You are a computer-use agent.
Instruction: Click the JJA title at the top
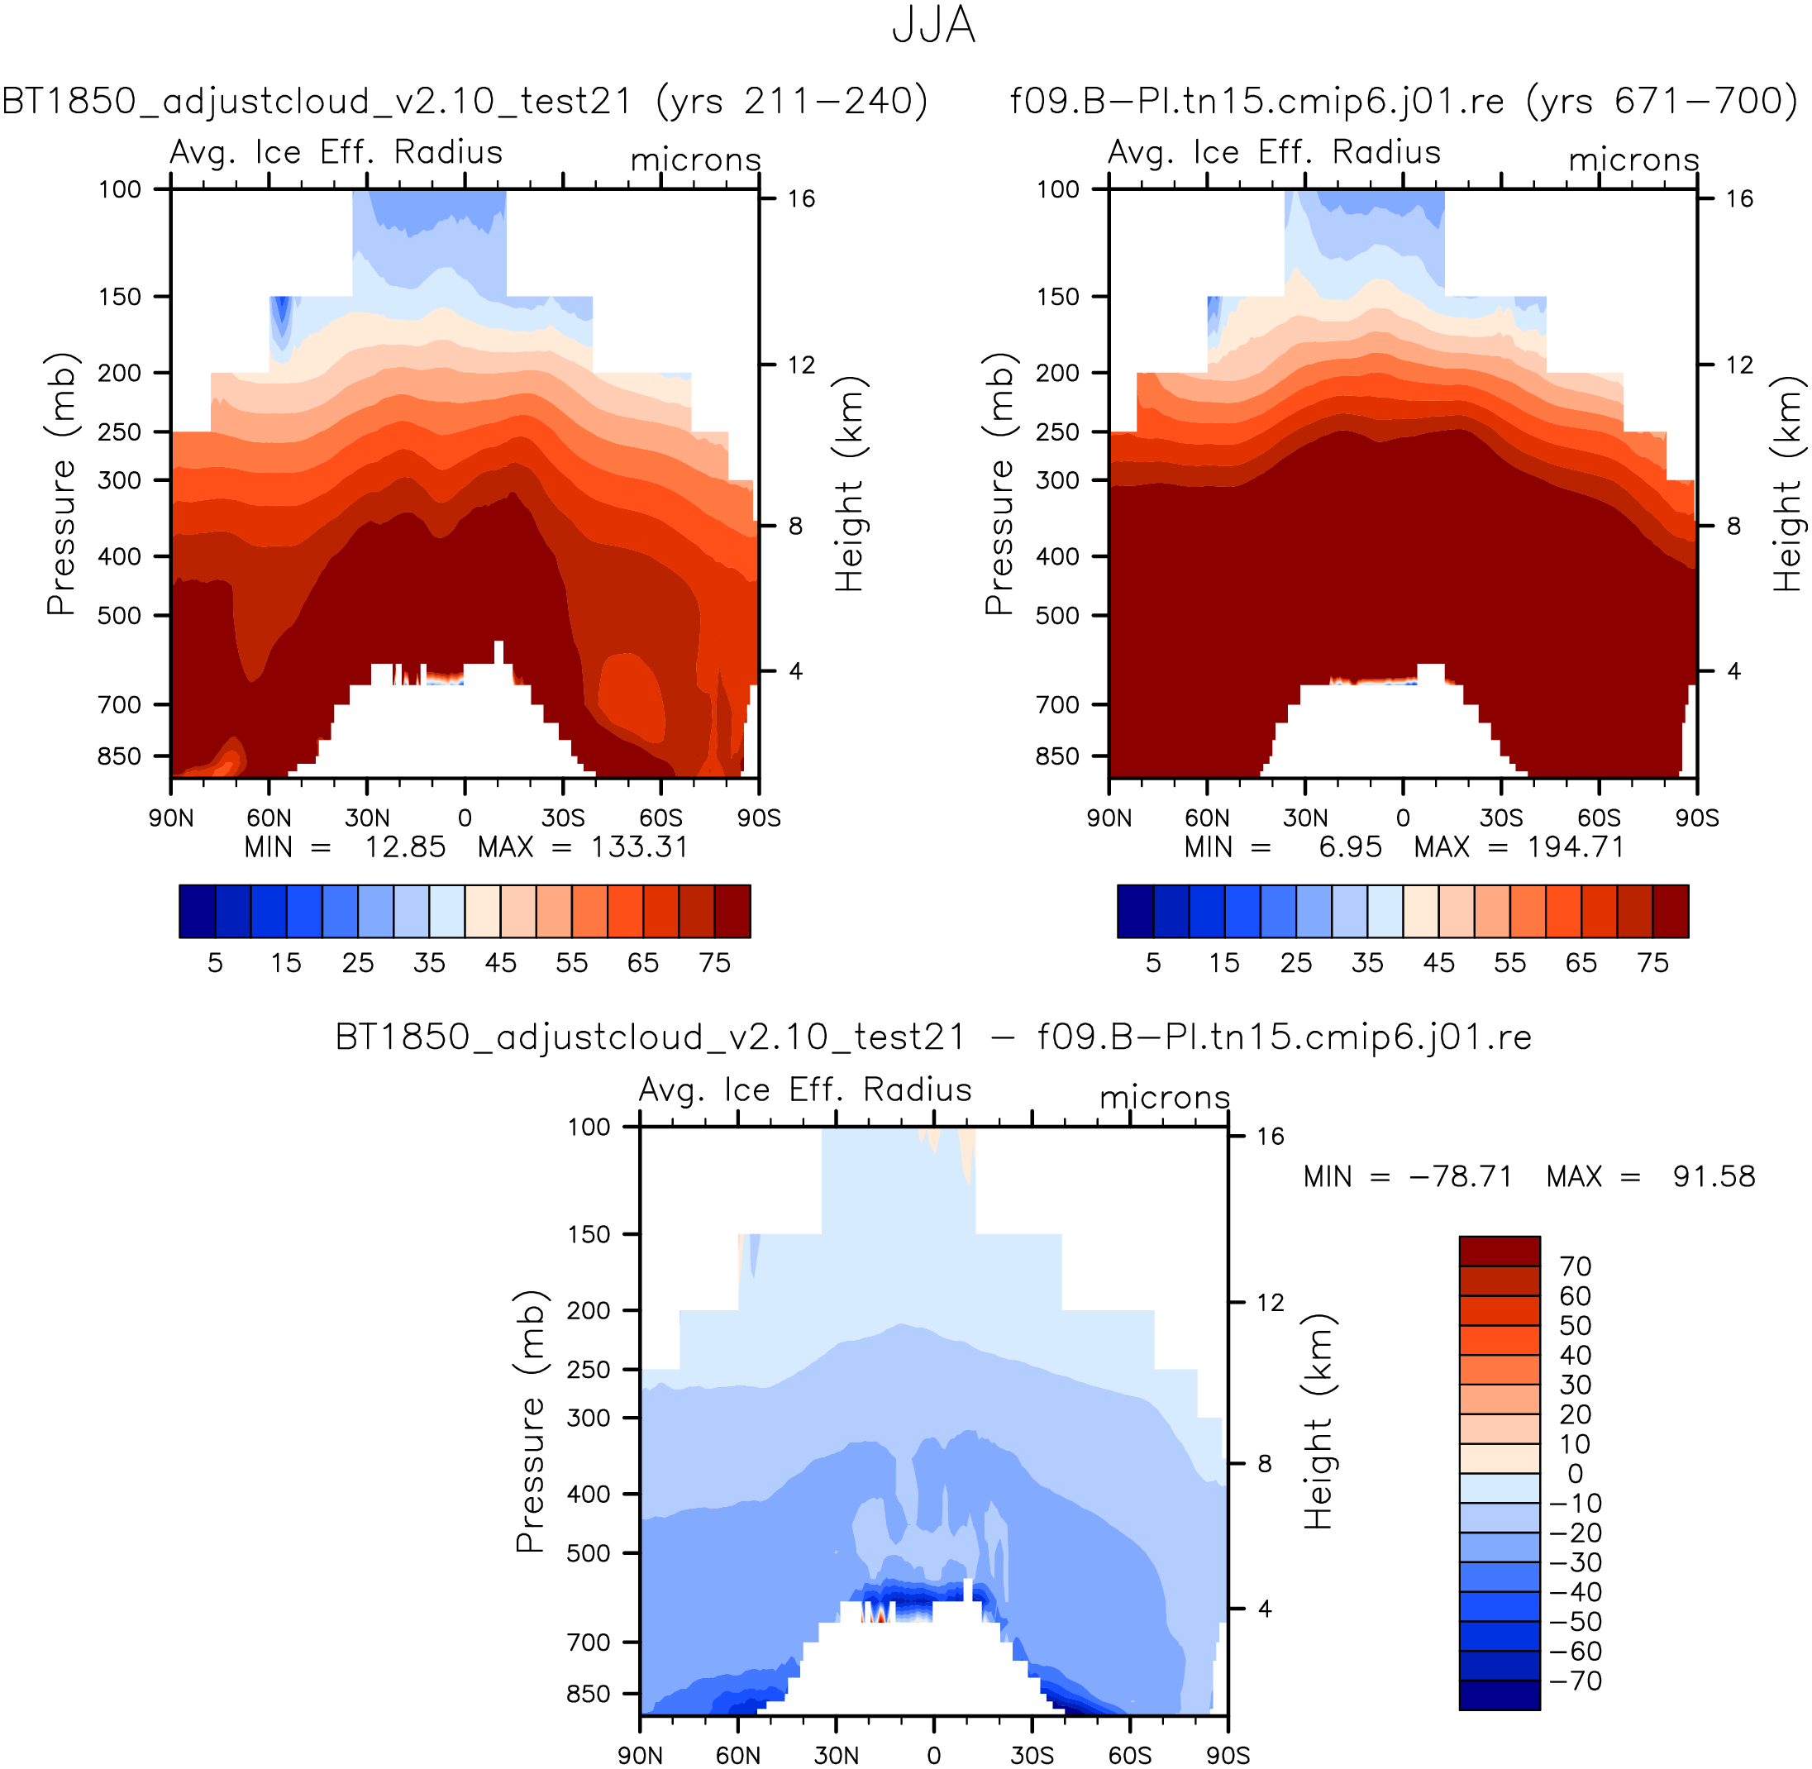[x=933, y=25]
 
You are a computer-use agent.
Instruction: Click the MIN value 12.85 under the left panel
[x=404, y=847]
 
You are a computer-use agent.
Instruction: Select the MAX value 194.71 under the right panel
[x=1576, y=847]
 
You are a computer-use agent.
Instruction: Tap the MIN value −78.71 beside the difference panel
[x=1461, y=1177]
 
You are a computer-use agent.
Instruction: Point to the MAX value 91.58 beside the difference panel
[x=1714, y=1177]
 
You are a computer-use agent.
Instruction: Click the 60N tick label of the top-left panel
[x=269, y=818]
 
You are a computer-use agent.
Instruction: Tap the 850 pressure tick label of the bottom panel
[x=589, y=1694]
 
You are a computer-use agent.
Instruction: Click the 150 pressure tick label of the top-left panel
[x=120, y=298]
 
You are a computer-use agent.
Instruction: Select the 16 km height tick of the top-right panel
[x=1739, y=199]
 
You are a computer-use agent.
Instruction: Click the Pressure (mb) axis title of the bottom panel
[x=531, y=1422]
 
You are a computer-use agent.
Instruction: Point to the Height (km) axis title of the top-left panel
[x=849, y=484]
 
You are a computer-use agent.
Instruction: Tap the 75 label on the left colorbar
[x=714, y=962]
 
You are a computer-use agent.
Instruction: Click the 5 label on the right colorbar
[x=1153, y=962]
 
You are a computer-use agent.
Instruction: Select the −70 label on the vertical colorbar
[x=1575, y=1681]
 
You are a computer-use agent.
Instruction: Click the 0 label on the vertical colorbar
[x=1574, y=1474]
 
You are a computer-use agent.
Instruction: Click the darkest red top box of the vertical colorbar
[x=1499, y=1251]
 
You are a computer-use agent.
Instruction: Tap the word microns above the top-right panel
[x=1633, y=160]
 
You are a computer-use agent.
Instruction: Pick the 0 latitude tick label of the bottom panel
[x=934, y=1755]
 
